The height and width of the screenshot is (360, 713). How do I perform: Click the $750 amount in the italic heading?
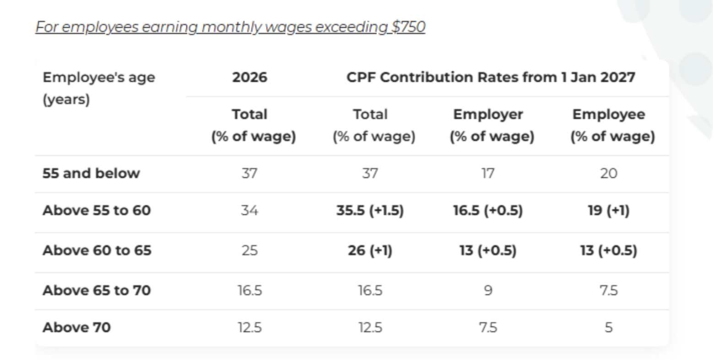[x=408, y=27]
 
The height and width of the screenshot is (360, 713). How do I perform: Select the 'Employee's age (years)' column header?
[x=98, y=88]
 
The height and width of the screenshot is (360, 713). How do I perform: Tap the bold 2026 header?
[x=249, y=77]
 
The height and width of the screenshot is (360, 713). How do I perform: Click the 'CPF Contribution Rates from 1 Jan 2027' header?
[x=491, y=77]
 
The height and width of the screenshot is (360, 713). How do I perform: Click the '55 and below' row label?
[x=91, y=173]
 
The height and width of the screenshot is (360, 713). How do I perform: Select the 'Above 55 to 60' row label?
[x=97, y=210]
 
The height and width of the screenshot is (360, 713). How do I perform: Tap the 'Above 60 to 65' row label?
[x=97, y=251]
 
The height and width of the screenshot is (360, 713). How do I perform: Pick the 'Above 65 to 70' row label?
[x=97, y=290]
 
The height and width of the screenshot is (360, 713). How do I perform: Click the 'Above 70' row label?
[x=76, y=328]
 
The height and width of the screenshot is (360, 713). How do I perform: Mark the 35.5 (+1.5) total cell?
[x=370, y=210]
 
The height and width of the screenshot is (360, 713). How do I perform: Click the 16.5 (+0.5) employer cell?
[x=488, y=210]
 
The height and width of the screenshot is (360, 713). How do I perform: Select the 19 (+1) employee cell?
[x=608, y=210]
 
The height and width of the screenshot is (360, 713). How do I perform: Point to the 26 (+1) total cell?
[x=370, y=251]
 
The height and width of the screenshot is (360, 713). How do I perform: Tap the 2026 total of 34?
[x=249, y=210]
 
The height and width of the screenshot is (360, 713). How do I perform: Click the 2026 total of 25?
[x=249, y=251]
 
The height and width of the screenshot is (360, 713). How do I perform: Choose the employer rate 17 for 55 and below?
[x=488, y=173]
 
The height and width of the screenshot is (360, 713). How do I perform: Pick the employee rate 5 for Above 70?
[x=608, y=328]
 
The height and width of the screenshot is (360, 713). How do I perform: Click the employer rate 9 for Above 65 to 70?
[x=488, y=290]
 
